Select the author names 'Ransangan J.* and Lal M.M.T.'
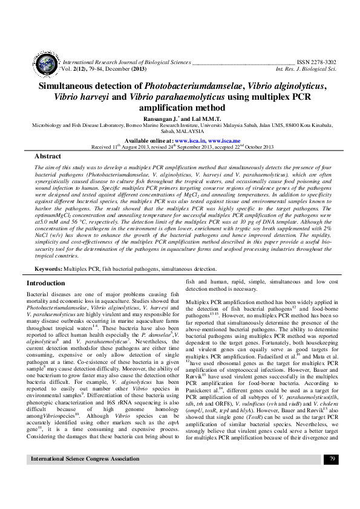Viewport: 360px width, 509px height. pos(180,119)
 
